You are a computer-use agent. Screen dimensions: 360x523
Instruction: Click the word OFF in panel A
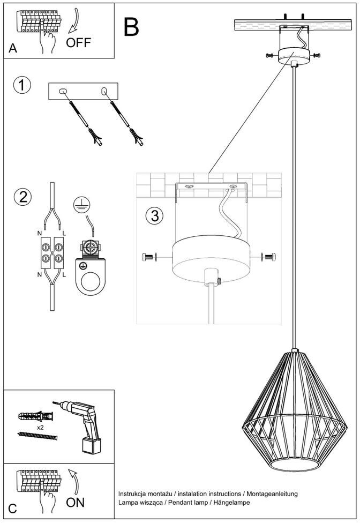[x=78, y=42]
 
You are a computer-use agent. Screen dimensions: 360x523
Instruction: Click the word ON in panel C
[x=76, y=502]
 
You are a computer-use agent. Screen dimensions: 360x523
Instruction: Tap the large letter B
[x=131, y=27]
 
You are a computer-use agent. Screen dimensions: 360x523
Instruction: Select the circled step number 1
[x=22, y=85]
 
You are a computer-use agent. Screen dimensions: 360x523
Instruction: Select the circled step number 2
[x=22, y=196]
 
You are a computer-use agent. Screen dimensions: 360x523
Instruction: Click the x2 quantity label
[x=40, y=428]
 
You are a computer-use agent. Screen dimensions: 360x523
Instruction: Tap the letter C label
[x=13, y=509]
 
